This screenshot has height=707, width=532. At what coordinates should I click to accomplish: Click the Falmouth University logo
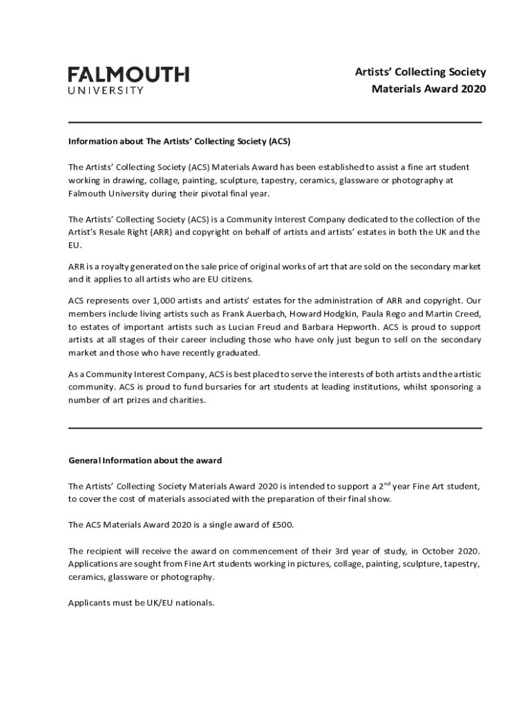pyautogui.click(x=129, y=79)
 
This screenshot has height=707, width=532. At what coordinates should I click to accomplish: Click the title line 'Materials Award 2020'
pyautogui.click(x=428, y=89)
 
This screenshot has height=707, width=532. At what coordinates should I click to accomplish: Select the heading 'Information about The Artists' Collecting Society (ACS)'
pyautogui.click(x=179, y=142)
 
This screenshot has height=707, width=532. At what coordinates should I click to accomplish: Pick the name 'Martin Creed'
pyautogui.click(x=453, y=313)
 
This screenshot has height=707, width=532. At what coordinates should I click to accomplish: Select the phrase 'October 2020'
pyautogui.click(x=453, y=551)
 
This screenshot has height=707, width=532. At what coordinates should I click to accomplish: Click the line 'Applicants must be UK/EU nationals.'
pyautogui.click(x=141, y=602)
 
